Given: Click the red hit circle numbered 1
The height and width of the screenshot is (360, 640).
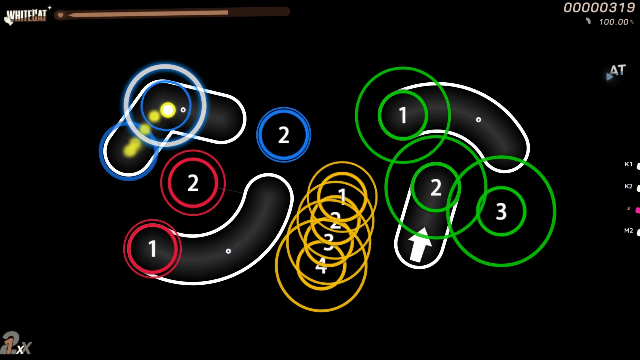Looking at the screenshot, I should pos(152,248).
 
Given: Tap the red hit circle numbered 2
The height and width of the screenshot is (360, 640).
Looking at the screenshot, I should pos(193,183).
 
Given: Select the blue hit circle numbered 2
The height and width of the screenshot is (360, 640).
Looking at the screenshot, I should pos(283,135).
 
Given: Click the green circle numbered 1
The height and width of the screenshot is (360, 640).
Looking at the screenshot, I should pos(403,115).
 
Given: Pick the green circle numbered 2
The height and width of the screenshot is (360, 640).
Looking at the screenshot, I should pos(436,188).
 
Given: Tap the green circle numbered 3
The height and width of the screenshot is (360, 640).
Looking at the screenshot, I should pos(501,211).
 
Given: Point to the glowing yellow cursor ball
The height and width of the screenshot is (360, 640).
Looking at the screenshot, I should pos(168,110).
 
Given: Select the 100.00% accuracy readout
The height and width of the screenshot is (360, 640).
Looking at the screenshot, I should pos(613,22).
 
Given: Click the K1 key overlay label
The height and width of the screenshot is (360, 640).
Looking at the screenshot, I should pos(629,164).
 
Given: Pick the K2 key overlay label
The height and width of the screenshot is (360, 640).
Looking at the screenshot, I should pos(629,186).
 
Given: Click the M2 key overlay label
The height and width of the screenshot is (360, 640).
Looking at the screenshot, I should pos(629,230).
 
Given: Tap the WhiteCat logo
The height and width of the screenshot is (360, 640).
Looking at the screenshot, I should pos(26,16).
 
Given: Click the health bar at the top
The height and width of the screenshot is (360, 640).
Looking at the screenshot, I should pos(172,14).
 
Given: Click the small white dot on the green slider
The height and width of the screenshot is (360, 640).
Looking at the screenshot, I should pos(478,120).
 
